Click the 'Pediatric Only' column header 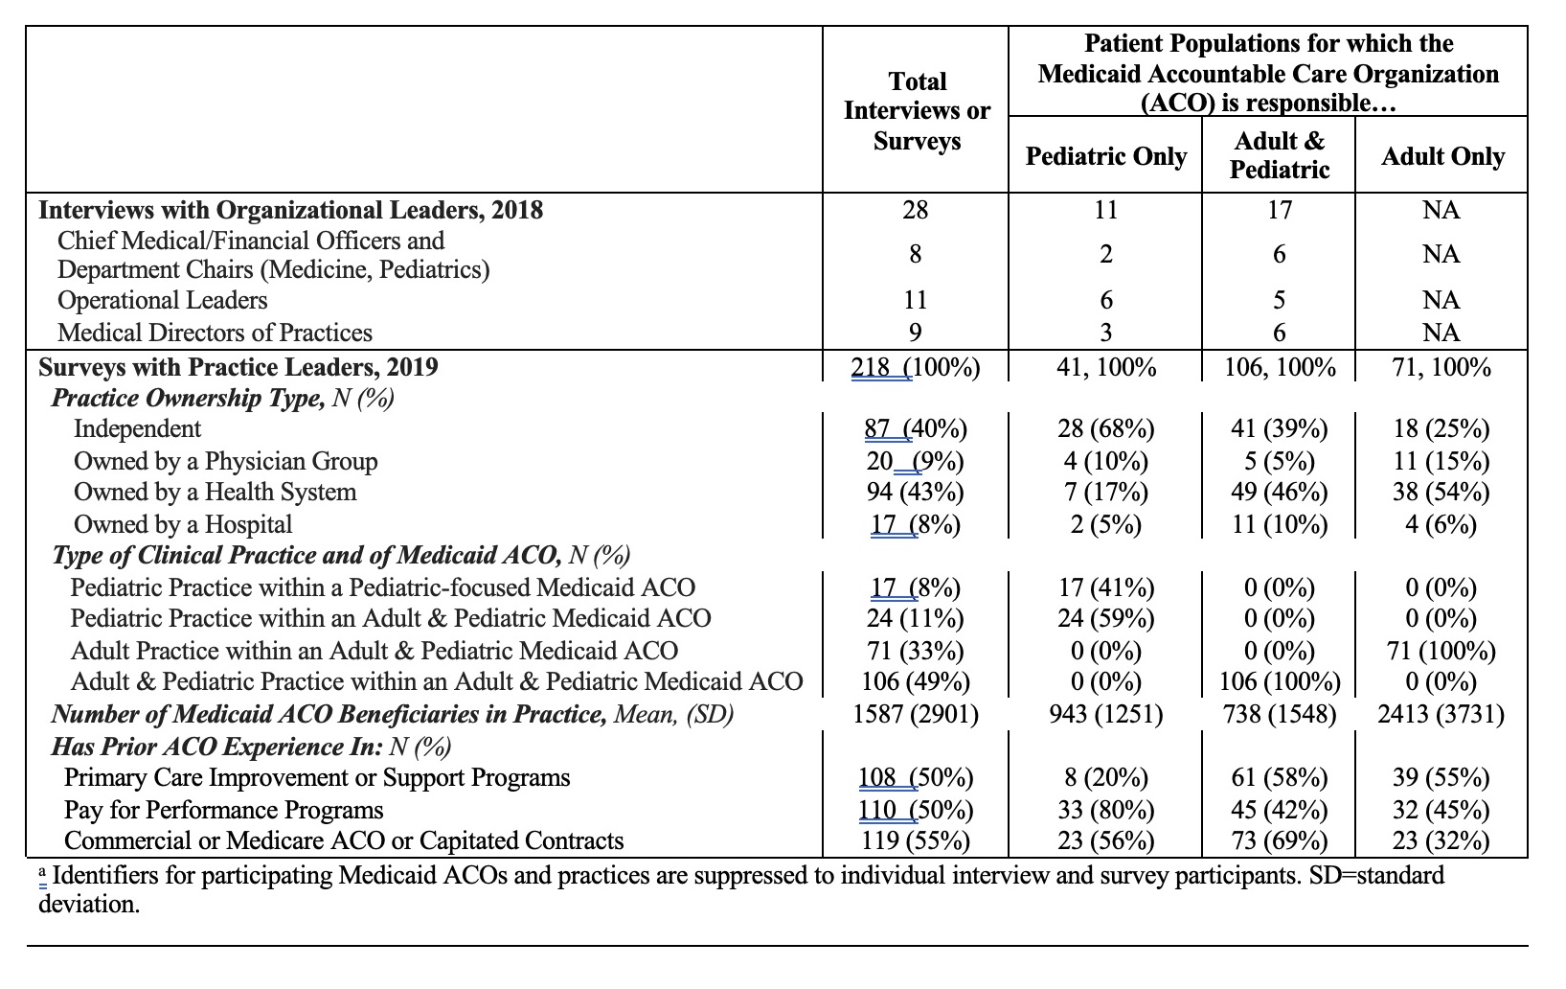1106,156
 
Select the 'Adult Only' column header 1442,156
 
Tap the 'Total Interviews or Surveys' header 917,110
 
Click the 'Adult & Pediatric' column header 1280,154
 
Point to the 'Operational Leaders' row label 162,300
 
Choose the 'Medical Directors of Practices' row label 215,333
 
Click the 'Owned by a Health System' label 216,492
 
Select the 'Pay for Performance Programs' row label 224,809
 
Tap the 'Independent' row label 137,428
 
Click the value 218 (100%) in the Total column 916,367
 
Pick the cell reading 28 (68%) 1106,428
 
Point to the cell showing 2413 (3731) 1441,714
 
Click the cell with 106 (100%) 1280,681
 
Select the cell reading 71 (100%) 1441,651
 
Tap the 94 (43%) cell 916,492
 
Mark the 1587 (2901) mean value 916,714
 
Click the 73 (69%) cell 1280,840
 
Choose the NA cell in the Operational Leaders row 1441,300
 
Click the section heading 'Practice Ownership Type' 188,398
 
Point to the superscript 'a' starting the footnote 43,872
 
